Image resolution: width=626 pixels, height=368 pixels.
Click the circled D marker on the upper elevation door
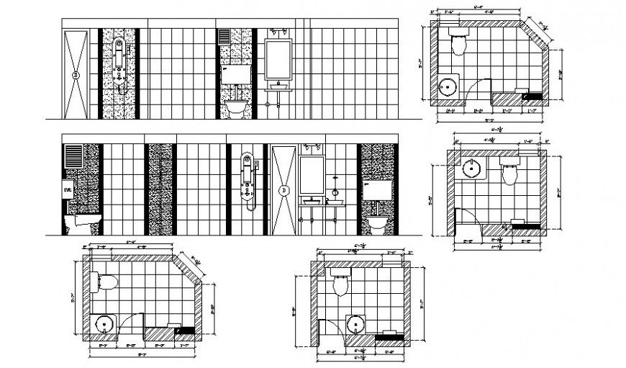pos(76,73)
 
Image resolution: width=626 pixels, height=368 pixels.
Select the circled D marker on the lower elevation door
pos(285,190)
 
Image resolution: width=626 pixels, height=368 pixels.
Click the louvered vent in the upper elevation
pos(224,37)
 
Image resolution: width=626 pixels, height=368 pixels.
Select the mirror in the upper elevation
pos(278,58)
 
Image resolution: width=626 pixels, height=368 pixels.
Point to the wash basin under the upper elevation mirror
pos(278,88)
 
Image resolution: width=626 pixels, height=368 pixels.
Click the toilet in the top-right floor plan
pos(458,42)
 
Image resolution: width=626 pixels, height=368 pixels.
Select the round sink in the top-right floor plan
pos(448,88)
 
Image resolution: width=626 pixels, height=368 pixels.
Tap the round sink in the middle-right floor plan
pos(472,169)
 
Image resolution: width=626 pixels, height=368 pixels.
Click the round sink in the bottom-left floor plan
pos(104,323)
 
